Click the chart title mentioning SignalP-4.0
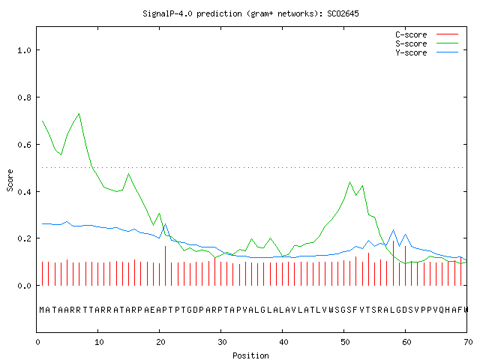click(x=250, y=13)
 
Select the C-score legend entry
click(x=427, y=34)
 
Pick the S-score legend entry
click(x=427, y=43)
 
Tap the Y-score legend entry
click(x=427, y=52)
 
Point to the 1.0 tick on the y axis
click(x=24, y=50)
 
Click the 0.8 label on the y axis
click(x=24, y=97)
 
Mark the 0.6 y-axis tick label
click(x=24, y=145)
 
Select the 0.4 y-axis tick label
click(x=24, y=192)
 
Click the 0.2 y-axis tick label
click(x=24, y=238)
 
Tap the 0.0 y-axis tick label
click(x=24, y=286)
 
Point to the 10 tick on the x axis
click(x=99, y=342)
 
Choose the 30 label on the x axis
click(x=222, y=342)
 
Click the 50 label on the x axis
click(x=345, y=342)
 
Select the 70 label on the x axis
click(x=468, y=342)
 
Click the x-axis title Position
click(x=250, y=355)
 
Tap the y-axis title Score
click(x=10, y=180)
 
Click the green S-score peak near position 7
click(x=79, y=114)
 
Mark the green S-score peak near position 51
click(x=349, y=182)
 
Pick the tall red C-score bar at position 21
click(x=165, y=265)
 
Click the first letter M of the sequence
click(x=42, y=310)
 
